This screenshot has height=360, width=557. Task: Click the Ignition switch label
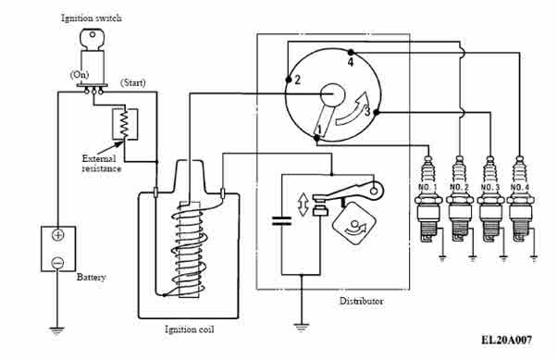[x=92, y=18]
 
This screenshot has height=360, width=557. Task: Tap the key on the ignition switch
[x=93, y=39]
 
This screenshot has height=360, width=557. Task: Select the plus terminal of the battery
[x=58, y=235]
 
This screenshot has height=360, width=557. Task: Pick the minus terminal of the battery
[x=57, y=264]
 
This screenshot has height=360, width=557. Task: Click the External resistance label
[x=101, y=164]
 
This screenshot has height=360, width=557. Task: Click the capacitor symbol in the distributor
[x=281, y=221]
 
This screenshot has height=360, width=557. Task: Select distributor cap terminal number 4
[x=351, y=53]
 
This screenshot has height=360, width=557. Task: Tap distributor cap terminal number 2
[x=289, y=80]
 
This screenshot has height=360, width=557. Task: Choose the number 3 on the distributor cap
[x=367, y=112]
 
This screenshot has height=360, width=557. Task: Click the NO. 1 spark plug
[x=429, y=200]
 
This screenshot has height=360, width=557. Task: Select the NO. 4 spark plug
[x=520, y=200]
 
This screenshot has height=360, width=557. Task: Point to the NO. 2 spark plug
[x=460, y=200]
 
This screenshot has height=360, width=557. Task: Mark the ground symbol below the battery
[x=56, y=330]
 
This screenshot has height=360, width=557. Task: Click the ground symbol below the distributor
[x=302, y=327]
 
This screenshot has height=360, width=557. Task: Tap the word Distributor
[x=361, y=302]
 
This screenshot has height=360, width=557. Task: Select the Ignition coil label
[x=190, y=329]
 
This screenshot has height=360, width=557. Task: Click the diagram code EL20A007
[x=507, y=340]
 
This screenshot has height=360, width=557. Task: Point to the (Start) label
[x=133, y=83]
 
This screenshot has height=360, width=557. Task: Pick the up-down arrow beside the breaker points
[x=303, y=205]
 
